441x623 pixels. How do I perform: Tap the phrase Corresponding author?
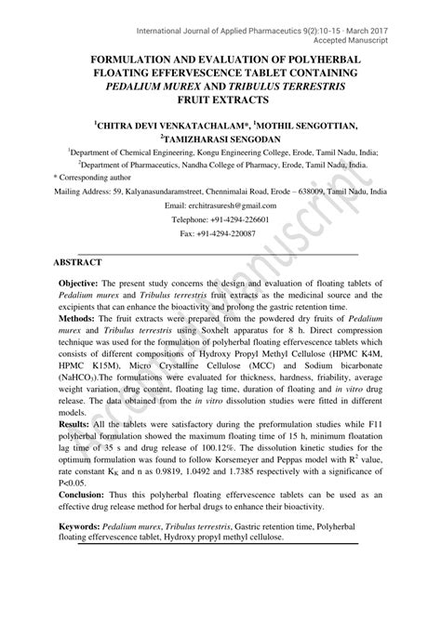coord(100,174)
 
